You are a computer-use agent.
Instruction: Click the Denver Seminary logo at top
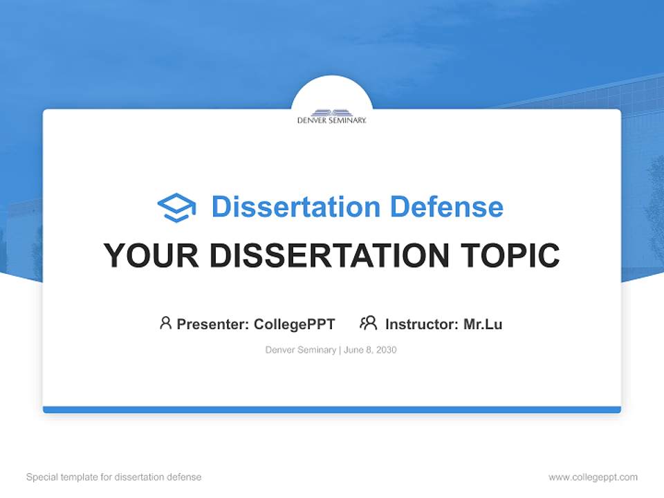[331, 116]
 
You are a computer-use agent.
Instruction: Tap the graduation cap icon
[176, 207]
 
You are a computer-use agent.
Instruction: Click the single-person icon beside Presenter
[165, 323]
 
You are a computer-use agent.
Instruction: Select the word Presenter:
[213, 324]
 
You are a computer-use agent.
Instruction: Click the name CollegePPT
[294, 324]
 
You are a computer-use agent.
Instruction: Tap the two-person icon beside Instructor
[368, 323]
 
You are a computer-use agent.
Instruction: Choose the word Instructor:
[421, 324]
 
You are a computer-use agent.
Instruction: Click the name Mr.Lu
[483, 324]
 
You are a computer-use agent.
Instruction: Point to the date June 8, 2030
[369, 350]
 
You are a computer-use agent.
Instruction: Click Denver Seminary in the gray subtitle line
[300, 350]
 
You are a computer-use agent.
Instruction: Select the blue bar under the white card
[331, 409]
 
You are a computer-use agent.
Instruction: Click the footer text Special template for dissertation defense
[114, 477]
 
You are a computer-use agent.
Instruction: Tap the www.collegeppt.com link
[593, 477]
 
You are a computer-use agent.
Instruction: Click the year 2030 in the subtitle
[386, 350]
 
